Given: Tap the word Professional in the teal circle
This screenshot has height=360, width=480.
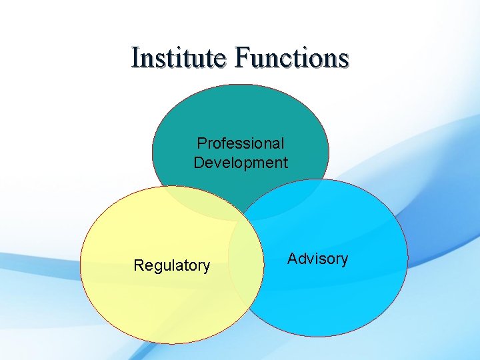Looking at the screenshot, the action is coord(241,143).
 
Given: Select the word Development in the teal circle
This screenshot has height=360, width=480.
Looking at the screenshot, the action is coord(241,163).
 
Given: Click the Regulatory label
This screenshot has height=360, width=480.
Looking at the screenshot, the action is coord(172,266).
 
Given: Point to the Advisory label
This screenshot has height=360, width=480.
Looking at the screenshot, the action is coord(317,259).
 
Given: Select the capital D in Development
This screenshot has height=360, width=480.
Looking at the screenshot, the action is coord(199,163).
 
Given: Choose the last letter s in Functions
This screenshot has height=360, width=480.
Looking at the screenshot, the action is coord(343,59).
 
